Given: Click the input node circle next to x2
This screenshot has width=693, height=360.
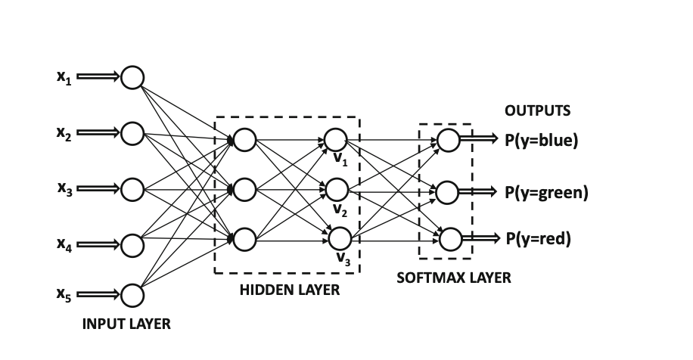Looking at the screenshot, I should click(132, 133).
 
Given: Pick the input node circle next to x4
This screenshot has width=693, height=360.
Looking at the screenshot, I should click(132, 245).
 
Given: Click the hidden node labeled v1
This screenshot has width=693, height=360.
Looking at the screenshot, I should click(336, 140).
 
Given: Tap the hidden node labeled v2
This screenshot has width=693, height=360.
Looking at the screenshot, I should click(336, 189).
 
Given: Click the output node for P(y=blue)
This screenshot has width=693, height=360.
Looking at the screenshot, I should click(448, 140).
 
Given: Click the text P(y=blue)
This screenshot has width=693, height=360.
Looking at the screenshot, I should click(541, 141).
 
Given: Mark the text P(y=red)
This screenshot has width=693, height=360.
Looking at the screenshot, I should click(538, 240).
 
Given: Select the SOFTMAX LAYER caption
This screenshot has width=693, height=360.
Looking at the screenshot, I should click(454, 278).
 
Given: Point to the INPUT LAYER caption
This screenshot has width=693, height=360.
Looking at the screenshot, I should click(126, 324).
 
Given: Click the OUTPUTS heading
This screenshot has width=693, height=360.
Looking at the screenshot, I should click(537, 110).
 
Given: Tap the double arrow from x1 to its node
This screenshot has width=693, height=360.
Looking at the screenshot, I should click(98, 77).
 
